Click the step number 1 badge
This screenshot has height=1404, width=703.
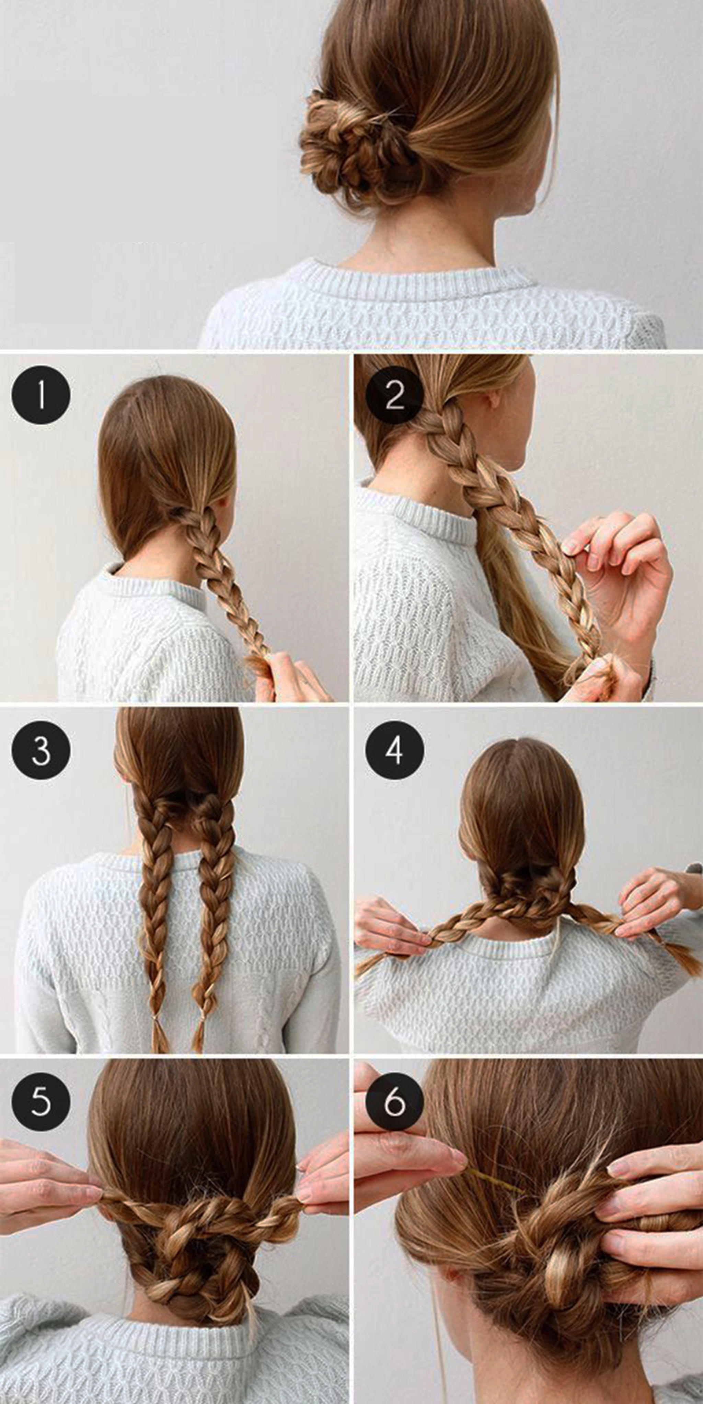point(41,395)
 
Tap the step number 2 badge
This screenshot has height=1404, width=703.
point(395,395)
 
